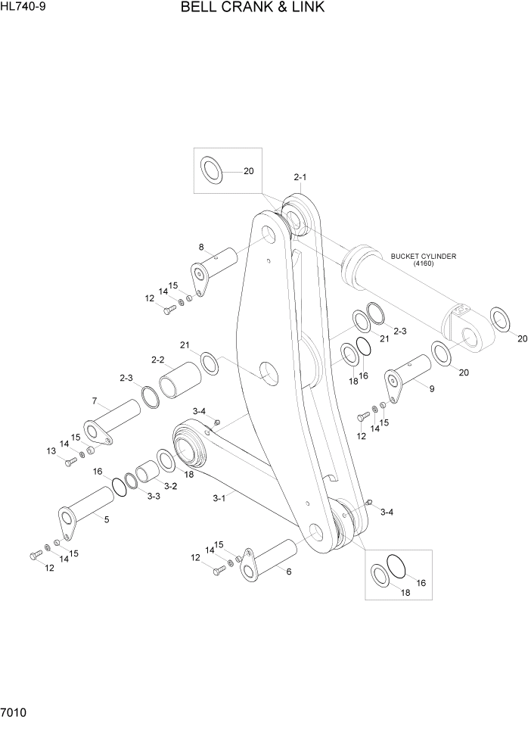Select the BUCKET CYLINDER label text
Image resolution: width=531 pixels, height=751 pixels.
pyautogui.click(x=423, y=257)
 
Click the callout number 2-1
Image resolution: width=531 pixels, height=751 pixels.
pyautogui.click(x=300, y=177)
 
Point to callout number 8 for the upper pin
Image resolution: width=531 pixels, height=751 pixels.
pyautogui.click(x=201, y=247)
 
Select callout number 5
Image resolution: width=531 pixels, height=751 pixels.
pyautogui.click(x=106, y=519)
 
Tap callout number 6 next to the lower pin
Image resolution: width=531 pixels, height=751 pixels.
pyautogui.click(x=288, y=571)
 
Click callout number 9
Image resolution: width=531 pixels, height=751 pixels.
pyautogui.click(x=431, y=389)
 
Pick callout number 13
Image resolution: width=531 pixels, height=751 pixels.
pyautogui.click(x=51, y=451)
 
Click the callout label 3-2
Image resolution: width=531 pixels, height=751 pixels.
pyautogui.click(x=170, y=486)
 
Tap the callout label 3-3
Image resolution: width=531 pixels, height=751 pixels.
pyautogui.click(x=154, y=496)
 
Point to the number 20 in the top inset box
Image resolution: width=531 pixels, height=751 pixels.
pyautogui.click(x=248, y=171)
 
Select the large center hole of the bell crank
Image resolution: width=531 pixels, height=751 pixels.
pyautogui.click(x=271, y=372)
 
